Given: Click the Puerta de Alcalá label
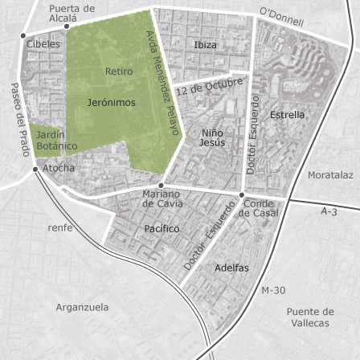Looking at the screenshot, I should pyautogui.click(x=72, y=13).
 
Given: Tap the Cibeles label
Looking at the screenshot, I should pyautogui.click(x=43, y=44).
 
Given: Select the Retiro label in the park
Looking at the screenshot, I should pyautogui.click(x=119, y=72).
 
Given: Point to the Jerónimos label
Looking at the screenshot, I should pyautogui.click(x=111, y=103).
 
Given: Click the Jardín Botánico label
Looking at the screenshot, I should pyautogui.click(x=57, y=141).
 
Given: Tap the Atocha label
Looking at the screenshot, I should pyautogui.click(x=59, y=168).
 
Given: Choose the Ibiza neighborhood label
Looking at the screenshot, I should pyautogui.click(x=206, y=45).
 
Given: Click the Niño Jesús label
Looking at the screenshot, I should pyautogui.click(x=212, y=137).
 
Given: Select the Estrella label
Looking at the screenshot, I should pyautogui.click(x=287, y=115).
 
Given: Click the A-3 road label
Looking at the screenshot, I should pyautogui.click(x=329, y=211).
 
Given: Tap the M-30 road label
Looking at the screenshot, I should pyautogui.click(x=273, y=290).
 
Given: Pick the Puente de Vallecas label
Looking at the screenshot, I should pyautogui.click(x=309, y=317).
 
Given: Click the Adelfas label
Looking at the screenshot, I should pyautogui.click(x=231, y=268).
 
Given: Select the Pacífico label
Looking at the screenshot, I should pyautogui.click(x=162, y=229).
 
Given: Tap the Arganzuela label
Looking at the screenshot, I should pyautogui.click(x=82, y=307).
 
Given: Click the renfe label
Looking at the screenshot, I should pyautogui.click(x=60, y=227).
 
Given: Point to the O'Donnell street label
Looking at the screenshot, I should pyautogui.click(x=282, y=18).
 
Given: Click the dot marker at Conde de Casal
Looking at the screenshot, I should pyautogui.click(x=241, y=194).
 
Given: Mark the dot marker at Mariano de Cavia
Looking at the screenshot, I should pyautogui.click(x=162, y=185).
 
